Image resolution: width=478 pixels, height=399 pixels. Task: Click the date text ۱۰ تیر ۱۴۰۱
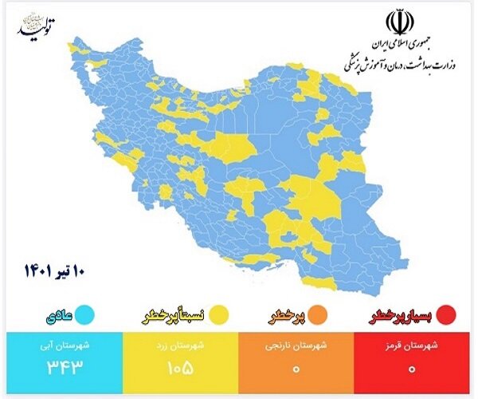tap(58, 270)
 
